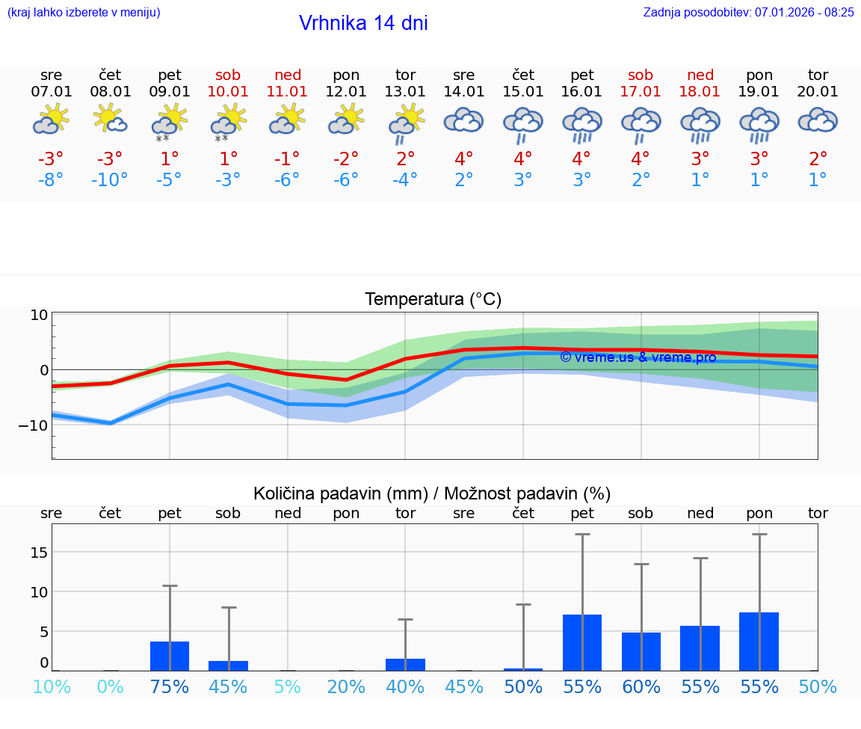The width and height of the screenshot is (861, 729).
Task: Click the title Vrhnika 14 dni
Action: tap(363, 23)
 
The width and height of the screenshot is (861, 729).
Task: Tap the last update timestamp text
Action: tap(748, 12)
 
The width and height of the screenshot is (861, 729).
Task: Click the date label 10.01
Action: tap(228, 91)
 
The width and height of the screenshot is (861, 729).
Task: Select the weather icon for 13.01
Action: tap(406, 123)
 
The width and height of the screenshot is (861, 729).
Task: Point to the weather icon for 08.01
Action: tap(110, 119)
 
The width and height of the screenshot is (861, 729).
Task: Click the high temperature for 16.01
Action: tap(581, 159)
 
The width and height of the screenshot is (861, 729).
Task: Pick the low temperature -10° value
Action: tap(110, 180)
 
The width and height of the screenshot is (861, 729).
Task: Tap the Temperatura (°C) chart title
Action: tap(433, 299)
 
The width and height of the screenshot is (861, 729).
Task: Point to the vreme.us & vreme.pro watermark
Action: tap(638, 357)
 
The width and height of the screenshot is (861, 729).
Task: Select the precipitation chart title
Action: tap(431, 493)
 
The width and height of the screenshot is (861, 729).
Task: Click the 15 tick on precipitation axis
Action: tap(39, 552)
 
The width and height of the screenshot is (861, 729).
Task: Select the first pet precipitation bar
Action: tap(170, 656)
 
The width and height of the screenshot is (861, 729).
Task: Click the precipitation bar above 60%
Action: tap(641, 651)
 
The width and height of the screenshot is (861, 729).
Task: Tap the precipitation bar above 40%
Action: tap(405, 664)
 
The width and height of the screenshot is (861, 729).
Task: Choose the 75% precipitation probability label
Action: tap(170, 686)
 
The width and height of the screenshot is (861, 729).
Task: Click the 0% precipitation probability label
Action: tap(110, 686)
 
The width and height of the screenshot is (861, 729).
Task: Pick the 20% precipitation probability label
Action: tap(346, 686)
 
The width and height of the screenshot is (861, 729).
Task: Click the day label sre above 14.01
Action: tap(463, 75)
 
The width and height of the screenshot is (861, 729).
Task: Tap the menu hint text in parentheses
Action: tap(83, 12)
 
